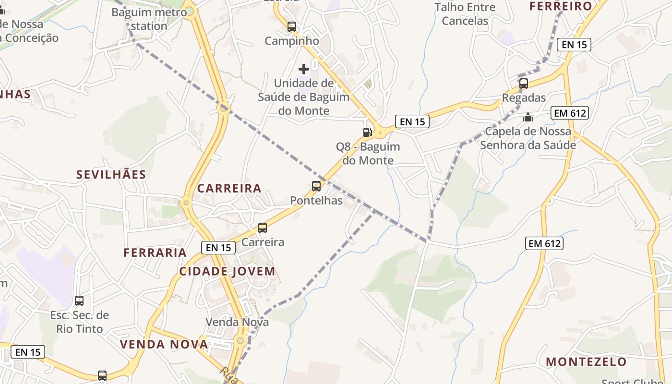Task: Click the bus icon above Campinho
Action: (292, 27)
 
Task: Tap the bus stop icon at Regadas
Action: (524, 84)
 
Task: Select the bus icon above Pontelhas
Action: (316, 186)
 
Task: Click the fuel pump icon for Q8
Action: (367, 132)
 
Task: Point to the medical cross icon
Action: (304, 69)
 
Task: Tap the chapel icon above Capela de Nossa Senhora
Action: (528, 117)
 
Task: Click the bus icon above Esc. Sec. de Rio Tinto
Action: (79, 301)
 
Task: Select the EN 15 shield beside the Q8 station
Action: (412, 121)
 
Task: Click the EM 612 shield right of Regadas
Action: (570, 113)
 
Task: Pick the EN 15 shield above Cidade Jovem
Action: (218, 248)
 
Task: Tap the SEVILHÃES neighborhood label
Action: (111, 175)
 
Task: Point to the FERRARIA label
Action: (155, 252)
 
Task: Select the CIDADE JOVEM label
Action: (228, 271)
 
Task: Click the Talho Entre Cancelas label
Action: (465, 14)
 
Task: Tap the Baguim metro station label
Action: (149, 19)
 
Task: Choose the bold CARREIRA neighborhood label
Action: (229, 188)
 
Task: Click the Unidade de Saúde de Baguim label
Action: (304, 97)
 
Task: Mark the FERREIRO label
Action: (561, 6)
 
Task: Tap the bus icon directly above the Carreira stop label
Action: (263, 228)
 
